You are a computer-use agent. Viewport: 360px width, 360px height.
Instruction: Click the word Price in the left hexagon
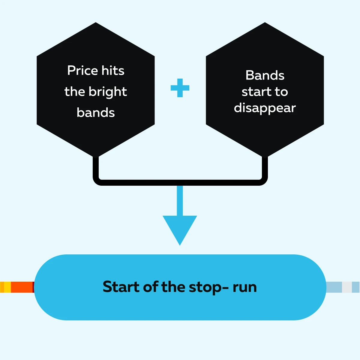point(82,70)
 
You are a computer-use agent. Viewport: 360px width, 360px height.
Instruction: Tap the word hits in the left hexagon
point(113,70)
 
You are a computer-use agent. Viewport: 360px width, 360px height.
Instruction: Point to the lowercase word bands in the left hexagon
point(96,113)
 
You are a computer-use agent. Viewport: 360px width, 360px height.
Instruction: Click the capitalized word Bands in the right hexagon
point(265,75)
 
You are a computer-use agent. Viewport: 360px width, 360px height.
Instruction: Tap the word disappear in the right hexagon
point(265,108)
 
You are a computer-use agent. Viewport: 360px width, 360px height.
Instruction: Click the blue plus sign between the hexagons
point(180,88)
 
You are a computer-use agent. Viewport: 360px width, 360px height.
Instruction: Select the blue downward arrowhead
point(180,228)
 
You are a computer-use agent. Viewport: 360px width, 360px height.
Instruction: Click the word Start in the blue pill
point(121,287)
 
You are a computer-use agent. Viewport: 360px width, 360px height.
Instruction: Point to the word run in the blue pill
point(245,287)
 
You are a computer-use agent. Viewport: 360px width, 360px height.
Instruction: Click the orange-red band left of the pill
point(22,287)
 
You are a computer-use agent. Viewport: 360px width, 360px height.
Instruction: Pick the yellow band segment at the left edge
point(7,287)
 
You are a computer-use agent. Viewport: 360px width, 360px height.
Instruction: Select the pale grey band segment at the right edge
point(346,287)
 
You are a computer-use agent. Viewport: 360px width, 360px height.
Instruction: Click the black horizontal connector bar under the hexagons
point(180,182)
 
